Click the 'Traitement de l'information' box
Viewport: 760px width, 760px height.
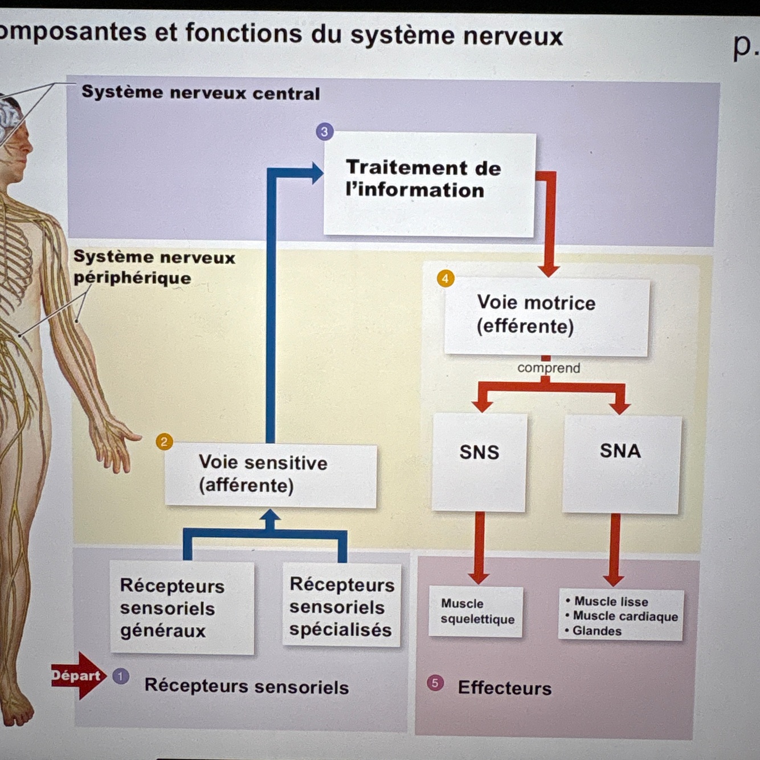pyautogui.click(x=429, y=183)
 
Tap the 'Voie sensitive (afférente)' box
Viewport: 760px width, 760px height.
pyautogui.click(x=271, y=475)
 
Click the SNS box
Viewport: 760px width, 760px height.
pyautogui.click(x=479, y=461)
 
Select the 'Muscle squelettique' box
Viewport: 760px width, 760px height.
pyautogui.click(x=476, y=611)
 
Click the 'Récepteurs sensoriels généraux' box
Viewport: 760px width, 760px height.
pyautogui.click(x=182, y=608)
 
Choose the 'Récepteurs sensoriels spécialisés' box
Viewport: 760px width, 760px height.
pyautogui.click(x=341, y=606)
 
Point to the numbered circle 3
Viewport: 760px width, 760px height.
pyautogui.click(x=324, y=132)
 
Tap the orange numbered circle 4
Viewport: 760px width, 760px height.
pyautogui.click(x=445, y=279)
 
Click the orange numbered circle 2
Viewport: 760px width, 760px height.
pyautogui.click(x=164, y=442)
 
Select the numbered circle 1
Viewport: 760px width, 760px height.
pyautogui.click(x=121, y=676)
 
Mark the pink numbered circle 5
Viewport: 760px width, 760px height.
pyautogui.click(x=435, y=683)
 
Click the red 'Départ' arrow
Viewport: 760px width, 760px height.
pyautogui.click(x=77, y=676)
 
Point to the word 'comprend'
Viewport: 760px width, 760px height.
pyautogui.click(x=549, y=368)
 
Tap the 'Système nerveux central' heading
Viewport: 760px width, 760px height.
pyautogui.click(x=201, y=93)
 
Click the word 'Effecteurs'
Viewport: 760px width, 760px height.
pyautogui.click(x=505, y=688)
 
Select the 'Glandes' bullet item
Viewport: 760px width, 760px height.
pyautogui.click(x=596, y=631)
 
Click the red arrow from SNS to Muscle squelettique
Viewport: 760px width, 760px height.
pyautogui.click(x=479, y=547)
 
